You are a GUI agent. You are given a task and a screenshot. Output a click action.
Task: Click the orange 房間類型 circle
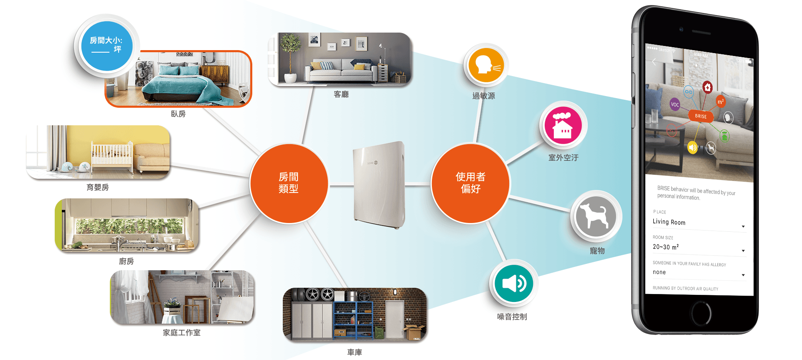pos(289,183)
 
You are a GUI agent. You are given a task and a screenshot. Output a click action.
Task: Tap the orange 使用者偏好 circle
pos(470,183)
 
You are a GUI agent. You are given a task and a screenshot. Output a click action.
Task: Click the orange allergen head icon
pos(486,65)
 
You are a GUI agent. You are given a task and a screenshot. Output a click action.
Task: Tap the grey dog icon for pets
pos(595,216)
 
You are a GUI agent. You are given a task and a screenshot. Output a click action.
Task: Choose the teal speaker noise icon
pos(513,284)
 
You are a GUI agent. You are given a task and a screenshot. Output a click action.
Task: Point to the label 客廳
pos(341,94)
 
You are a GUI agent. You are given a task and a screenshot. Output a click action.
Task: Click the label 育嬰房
pos(97,188)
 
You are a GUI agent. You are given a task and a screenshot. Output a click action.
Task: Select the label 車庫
pos(354,352)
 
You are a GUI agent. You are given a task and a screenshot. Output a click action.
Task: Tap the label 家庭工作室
pos(181,332)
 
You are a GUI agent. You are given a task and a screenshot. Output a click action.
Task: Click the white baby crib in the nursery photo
pos(112,157)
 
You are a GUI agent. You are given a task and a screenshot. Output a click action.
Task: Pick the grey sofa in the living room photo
pos(338,71)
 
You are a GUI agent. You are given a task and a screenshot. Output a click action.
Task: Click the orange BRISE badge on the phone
pos(700,116)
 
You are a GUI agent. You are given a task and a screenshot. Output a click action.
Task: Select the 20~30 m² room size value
pos(666,247)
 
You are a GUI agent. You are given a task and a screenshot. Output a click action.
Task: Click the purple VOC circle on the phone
pos(675,104)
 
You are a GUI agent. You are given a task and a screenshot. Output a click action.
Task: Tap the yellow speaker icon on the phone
pos(693,147)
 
